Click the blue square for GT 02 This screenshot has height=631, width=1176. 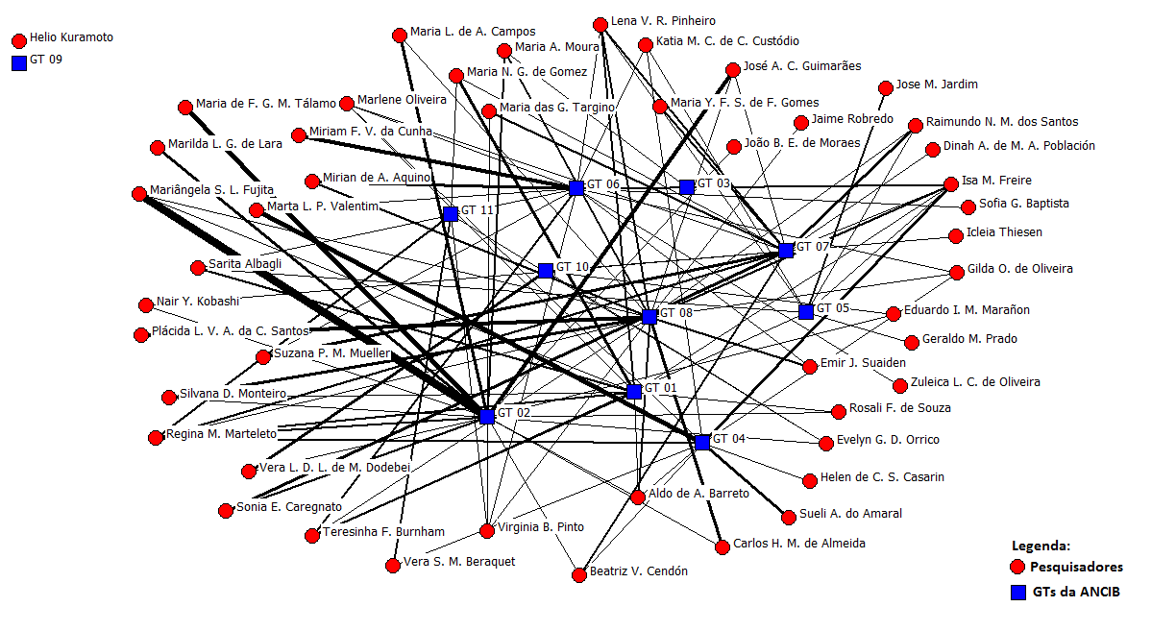[487, 417]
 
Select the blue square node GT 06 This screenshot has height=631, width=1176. [576, 188]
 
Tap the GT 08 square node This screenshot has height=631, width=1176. [649, 317]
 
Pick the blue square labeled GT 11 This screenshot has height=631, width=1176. [451, 214]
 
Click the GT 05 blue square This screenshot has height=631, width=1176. [806, 311]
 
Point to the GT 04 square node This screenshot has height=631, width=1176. [701, 442]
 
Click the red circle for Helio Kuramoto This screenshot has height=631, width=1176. [18, 41]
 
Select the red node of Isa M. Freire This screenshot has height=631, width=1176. [951, 183]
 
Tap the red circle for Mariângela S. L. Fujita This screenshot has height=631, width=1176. [139, 193]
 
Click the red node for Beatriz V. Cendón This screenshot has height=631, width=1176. [579, 575]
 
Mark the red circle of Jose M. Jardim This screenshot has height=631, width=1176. [886, 88]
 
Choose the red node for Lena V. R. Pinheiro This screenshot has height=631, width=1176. [600, 24]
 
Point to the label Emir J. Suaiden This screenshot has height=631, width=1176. [862, 363]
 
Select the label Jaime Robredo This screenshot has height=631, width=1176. [852, 119]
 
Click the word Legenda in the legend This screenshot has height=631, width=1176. [1042, 546]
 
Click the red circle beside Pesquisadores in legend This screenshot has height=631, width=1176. [1018, 567]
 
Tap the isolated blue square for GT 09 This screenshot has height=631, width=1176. [18, 63]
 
